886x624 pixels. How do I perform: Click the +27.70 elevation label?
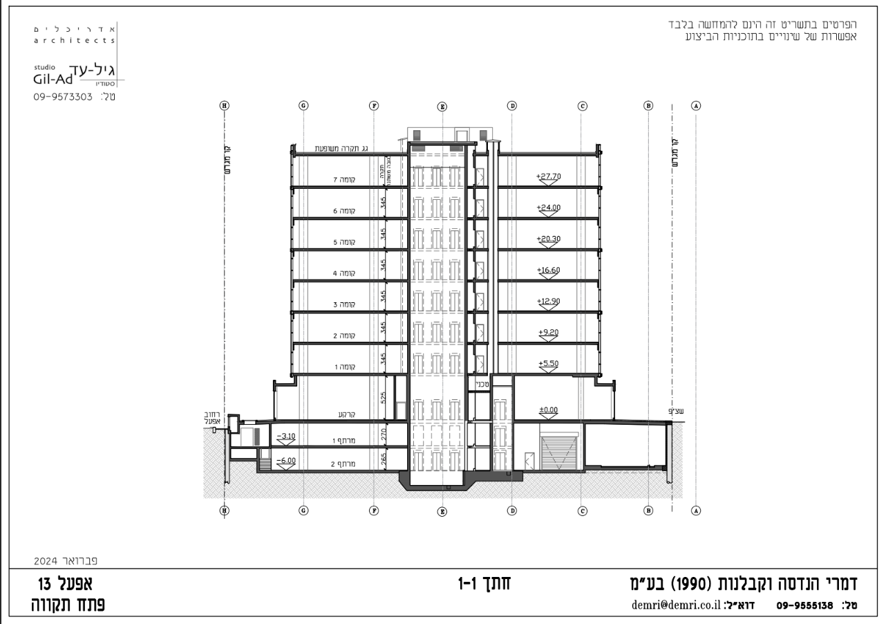(548, 176)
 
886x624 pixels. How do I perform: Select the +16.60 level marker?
(548, 270)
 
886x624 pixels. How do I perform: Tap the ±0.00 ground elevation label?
(548, 410)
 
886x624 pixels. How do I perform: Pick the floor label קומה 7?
(343, 180)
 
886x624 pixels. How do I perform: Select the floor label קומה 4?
(343, 273)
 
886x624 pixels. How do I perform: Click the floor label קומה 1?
(343, 367)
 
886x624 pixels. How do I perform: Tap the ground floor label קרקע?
(346, 414)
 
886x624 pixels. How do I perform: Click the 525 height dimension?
(384, 398)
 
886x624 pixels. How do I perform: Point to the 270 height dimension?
(384, 434)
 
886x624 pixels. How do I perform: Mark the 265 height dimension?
(384, 458)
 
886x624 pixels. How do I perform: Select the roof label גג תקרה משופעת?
(344, 149)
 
